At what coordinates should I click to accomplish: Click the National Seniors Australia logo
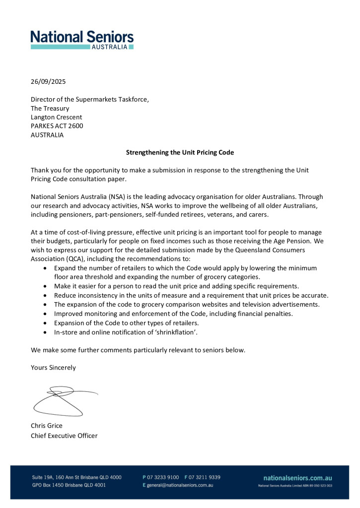pos(82,39)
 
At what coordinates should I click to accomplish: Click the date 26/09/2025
pos(48,81)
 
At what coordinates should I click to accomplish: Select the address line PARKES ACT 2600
pos(57,126)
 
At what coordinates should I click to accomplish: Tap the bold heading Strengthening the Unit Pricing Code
pos(180,152)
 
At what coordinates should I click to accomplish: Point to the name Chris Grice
pos(47,426)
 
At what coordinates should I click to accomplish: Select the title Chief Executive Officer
pos(64,436)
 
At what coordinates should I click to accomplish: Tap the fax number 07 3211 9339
pos(205,477)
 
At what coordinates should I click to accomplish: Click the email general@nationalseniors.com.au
pos(180,485)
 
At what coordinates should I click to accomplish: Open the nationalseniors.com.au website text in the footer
pos(297,477)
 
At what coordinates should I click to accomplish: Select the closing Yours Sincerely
pos(53,368)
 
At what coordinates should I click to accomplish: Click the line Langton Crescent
pos(56,117)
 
